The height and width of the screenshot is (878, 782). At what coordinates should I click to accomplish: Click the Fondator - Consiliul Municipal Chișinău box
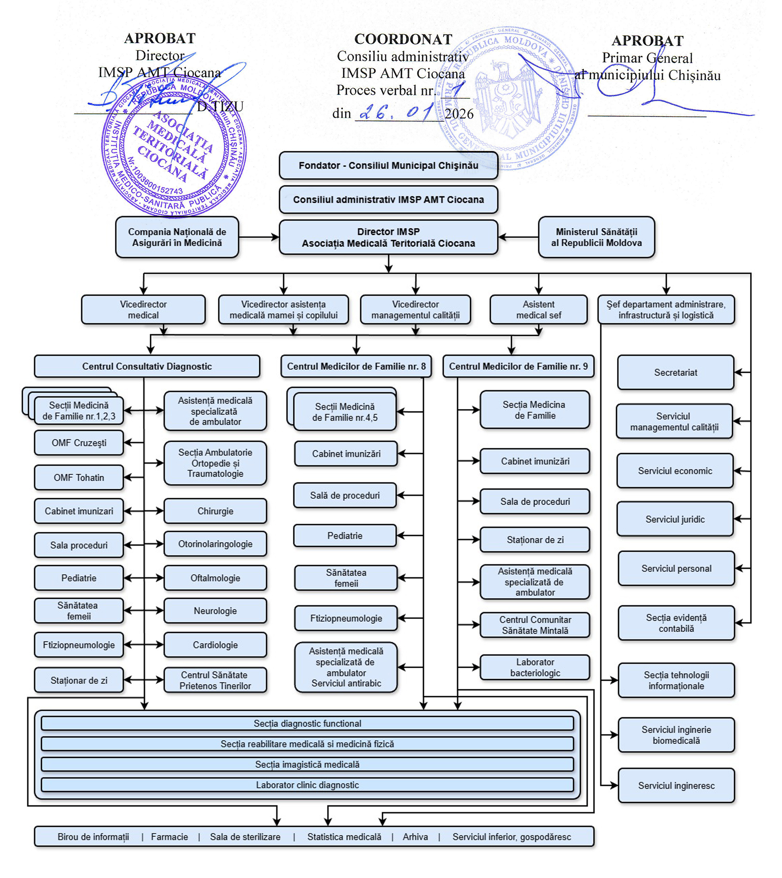coord(388,166)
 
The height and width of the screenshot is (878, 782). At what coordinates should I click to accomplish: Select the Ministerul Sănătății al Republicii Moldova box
coord(596,237)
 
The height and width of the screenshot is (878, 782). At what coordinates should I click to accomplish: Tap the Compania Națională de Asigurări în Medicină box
coord(177,237)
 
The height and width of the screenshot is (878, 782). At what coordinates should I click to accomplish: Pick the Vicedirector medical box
coord(143,309)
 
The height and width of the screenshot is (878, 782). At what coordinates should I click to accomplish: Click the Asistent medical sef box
coord(538,309)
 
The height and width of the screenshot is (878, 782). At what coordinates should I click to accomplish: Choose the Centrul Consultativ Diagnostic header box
coord(147,366)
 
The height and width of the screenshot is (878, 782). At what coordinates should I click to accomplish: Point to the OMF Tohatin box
coord(79,478)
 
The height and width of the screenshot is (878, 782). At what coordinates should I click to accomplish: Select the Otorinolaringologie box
coord(215,544)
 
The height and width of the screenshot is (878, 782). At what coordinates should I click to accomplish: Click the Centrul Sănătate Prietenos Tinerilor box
coord(215,680)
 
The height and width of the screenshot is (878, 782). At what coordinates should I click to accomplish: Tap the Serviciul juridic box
coord(675,519)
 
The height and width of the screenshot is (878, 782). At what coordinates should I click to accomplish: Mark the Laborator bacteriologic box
coord(535,667)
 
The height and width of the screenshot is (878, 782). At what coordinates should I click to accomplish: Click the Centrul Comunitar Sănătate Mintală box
coord(535,625)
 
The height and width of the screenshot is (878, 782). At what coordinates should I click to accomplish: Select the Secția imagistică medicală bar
coord(307,764)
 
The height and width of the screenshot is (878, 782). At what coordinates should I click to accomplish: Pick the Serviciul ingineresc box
coord(676,786)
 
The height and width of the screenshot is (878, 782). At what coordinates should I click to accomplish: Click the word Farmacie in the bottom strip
coord(169,837)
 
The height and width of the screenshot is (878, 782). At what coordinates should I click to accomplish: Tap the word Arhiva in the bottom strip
coord(415,837)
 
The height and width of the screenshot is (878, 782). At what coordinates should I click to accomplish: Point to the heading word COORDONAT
coord(403,39)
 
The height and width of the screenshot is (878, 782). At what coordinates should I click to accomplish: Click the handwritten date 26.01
coord(394,113)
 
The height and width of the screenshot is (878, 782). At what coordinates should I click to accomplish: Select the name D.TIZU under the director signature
coord(220,106)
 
